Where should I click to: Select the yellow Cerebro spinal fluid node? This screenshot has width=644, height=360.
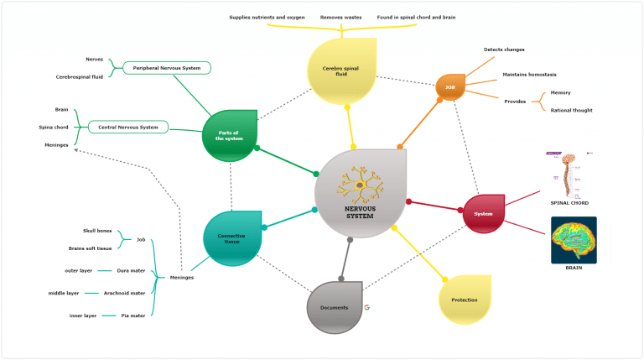341,69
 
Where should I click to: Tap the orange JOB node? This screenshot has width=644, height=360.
450,86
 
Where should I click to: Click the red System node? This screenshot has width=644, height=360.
483,213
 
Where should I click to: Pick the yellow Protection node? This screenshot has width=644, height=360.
465,300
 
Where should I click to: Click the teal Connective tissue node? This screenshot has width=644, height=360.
232,237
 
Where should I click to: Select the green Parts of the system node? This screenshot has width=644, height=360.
229,134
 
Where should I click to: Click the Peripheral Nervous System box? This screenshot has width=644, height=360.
167,67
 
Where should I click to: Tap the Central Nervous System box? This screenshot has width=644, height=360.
128,128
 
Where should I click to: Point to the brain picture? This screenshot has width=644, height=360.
574,239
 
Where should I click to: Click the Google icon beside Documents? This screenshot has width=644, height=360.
367,307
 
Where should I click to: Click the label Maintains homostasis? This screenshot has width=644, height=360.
529,74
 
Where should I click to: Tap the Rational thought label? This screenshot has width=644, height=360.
574,109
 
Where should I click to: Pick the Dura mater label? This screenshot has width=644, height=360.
130,270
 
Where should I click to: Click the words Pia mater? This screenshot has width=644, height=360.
133,316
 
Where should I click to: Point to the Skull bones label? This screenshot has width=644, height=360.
97,229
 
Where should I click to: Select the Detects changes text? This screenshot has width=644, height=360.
504,50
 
